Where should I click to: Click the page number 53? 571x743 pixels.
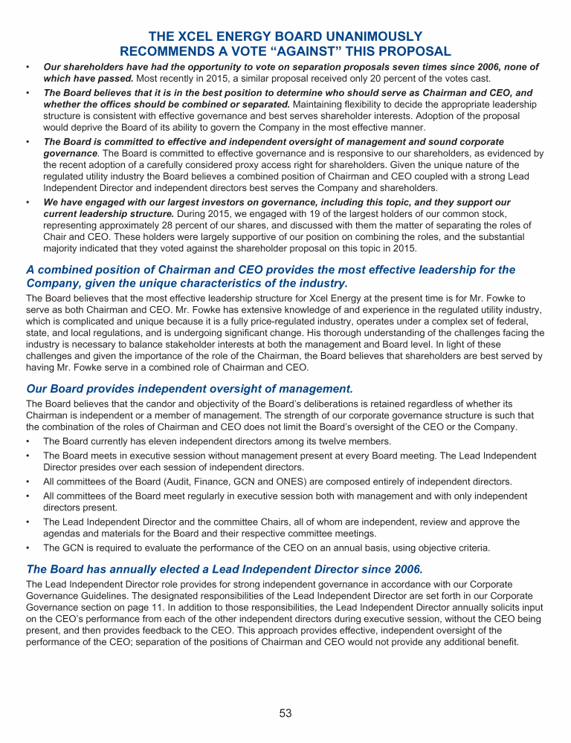(285, 713)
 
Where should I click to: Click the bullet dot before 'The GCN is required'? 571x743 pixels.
(28, 548)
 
